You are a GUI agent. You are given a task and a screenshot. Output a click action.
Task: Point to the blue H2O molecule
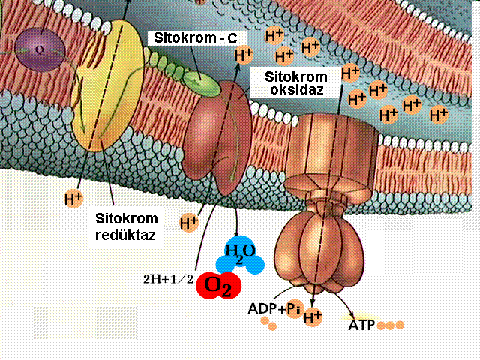point(240,256)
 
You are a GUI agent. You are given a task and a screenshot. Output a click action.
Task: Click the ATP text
point(364,325)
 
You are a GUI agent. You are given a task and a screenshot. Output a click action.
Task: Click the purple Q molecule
point(38,49)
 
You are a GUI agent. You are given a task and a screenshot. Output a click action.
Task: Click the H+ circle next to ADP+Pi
point(313,318)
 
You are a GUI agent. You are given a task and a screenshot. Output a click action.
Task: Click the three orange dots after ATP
point(391,325)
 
